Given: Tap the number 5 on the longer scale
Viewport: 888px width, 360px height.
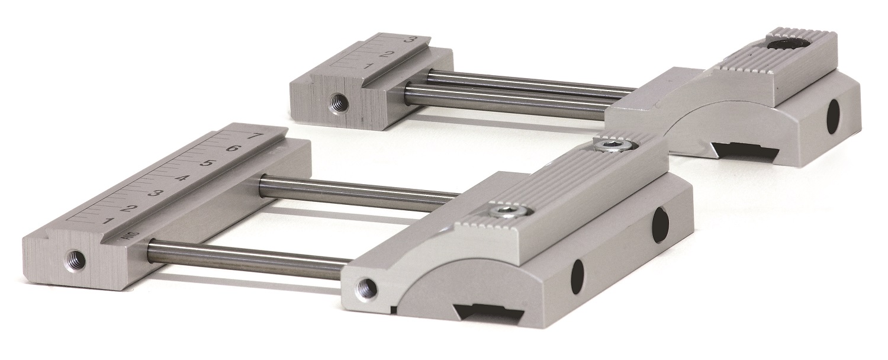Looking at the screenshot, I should click(207, 163).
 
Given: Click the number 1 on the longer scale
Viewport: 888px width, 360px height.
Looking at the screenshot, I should click(108, 220).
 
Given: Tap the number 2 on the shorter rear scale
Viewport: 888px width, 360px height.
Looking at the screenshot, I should click(387, 54).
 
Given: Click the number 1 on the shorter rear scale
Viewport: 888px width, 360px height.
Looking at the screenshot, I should click(367, 66).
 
